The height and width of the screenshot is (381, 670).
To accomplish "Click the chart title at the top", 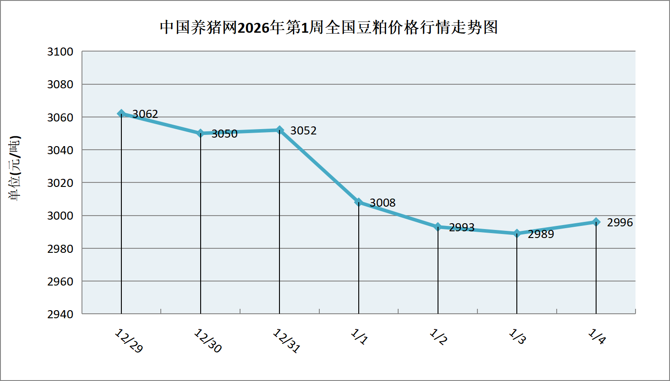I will (x=329, y=28).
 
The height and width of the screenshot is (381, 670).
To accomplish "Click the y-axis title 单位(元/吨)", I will (x=15, y=168).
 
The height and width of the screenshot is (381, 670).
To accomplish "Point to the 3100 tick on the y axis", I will (x=60, y=52).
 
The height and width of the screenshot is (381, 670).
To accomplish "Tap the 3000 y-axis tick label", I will (x=60, y=216).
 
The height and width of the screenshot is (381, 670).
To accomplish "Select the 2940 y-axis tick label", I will (x=60, y=314).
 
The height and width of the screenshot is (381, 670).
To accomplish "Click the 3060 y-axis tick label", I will (x=60, y=117).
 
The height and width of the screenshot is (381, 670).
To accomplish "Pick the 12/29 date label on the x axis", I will (x=129, y=341).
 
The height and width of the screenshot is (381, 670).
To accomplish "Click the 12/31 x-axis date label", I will (x=287, y=341).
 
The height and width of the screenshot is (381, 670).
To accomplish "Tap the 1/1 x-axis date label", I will (x=359, y=337).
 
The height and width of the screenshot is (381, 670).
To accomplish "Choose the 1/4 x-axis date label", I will (x=597, y=337).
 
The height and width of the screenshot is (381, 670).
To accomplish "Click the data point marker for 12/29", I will (x=121, y=113).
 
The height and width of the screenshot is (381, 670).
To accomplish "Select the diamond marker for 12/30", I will (x=201, y=133).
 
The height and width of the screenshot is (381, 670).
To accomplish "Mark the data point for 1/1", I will (x=359, y=202).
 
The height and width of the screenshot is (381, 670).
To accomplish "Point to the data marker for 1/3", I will (x=517, y=233).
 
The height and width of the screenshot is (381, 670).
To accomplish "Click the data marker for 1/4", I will (x=596, y=222).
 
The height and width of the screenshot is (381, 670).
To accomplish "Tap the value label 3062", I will (x=145, y=114).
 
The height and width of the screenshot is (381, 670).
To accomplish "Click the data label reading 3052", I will (x=303, y=131).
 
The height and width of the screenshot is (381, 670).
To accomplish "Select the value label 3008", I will (x=382, y=203).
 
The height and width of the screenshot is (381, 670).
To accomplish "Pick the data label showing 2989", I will (x=541, y=234).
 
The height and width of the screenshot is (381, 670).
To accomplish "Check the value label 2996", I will (x=620, y=223).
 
